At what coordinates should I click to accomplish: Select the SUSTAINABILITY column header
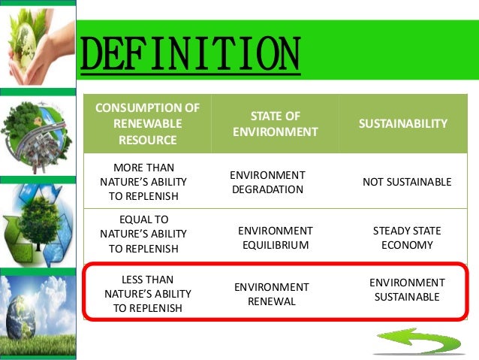408,123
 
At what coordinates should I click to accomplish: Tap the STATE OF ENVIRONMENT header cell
275,123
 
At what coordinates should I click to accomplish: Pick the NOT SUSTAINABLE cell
407,182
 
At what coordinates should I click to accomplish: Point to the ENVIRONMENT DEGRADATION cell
267,182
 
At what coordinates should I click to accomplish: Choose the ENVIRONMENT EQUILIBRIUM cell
275,238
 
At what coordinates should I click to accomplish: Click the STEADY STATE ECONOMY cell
407,238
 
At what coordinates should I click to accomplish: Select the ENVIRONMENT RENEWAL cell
272,294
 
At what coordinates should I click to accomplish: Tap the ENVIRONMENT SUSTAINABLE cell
407,289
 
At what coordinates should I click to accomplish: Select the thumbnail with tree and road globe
38,135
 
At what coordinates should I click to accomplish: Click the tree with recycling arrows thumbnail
38,222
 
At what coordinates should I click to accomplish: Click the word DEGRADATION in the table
267,189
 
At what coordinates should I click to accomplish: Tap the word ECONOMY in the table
407,245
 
